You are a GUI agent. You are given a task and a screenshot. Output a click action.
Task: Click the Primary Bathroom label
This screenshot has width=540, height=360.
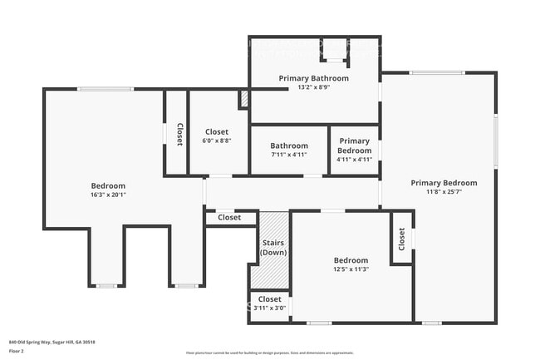313,78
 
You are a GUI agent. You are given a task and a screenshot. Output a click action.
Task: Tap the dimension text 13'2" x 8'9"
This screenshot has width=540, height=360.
313,87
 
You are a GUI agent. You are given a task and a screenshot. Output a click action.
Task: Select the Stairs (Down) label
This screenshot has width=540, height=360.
273,248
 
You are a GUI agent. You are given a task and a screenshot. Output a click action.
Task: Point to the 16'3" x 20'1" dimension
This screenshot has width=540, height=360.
108,195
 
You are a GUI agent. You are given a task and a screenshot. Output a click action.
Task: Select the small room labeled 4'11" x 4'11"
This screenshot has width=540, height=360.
354,150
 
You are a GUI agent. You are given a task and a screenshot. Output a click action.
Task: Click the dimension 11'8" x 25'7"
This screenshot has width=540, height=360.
444,192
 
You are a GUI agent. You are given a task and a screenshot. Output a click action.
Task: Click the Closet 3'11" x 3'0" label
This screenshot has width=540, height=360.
269,303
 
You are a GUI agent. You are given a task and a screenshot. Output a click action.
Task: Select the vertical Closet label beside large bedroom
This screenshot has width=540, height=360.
179,135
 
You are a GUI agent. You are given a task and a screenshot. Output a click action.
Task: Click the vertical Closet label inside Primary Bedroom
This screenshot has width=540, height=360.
401,239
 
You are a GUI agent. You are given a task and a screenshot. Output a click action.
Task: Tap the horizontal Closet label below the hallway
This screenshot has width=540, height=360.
229,218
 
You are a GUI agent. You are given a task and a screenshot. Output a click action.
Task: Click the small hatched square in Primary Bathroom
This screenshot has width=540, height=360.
243,99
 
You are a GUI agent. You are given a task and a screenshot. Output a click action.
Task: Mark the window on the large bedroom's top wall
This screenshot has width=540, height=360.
105,89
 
